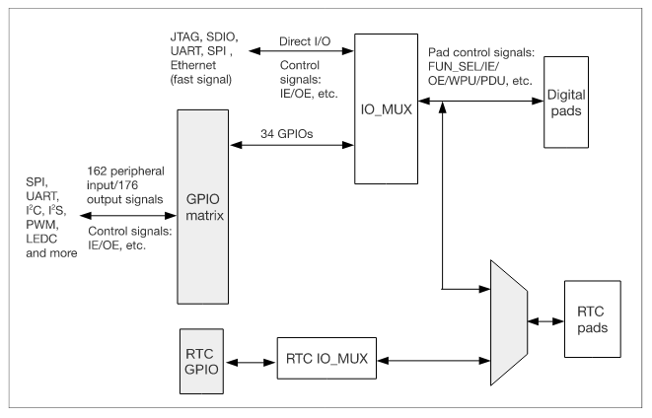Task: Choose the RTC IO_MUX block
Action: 321,363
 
